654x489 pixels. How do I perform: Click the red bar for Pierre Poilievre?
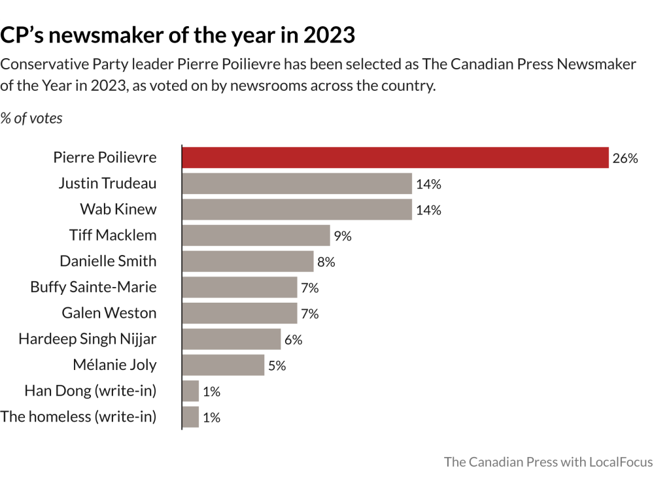click(395, 158)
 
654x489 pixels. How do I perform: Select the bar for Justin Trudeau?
click(297, 184)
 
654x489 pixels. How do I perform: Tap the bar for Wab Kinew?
click(297, 210)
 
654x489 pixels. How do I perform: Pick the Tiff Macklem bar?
click(256, 235)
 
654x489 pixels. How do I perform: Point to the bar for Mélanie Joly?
click(223, 365)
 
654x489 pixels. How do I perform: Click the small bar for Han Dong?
click(190, 391)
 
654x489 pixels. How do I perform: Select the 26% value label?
click(625, 158)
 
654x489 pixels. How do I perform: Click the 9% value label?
click(342, 236)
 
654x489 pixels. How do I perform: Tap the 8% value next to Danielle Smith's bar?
click(326, 262)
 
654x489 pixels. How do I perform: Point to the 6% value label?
click(293, 339)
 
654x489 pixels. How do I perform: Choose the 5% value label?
click(277, 365)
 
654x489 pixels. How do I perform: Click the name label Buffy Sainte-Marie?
click(94, 287)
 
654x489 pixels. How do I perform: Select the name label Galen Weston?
click(109, 313)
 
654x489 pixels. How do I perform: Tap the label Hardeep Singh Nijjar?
click(88, 339)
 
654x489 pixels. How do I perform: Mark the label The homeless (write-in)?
click(78, 416)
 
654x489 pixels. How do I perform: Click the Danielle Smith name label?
click(108, 261)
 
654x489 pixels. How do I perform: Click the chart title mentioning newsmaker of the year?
click(178, 35)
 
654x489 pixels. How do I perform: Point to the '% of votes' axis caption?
click(31, 118)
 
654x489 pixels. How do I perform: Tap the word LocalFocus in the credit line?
click(621, 462)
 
